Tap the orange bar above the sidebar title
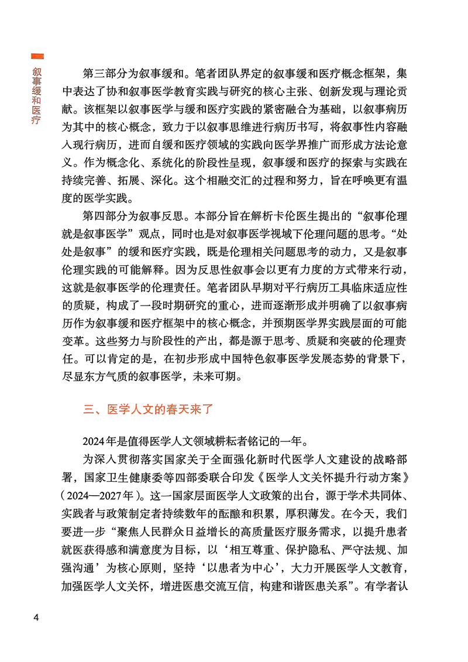[x=36, y=56]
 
